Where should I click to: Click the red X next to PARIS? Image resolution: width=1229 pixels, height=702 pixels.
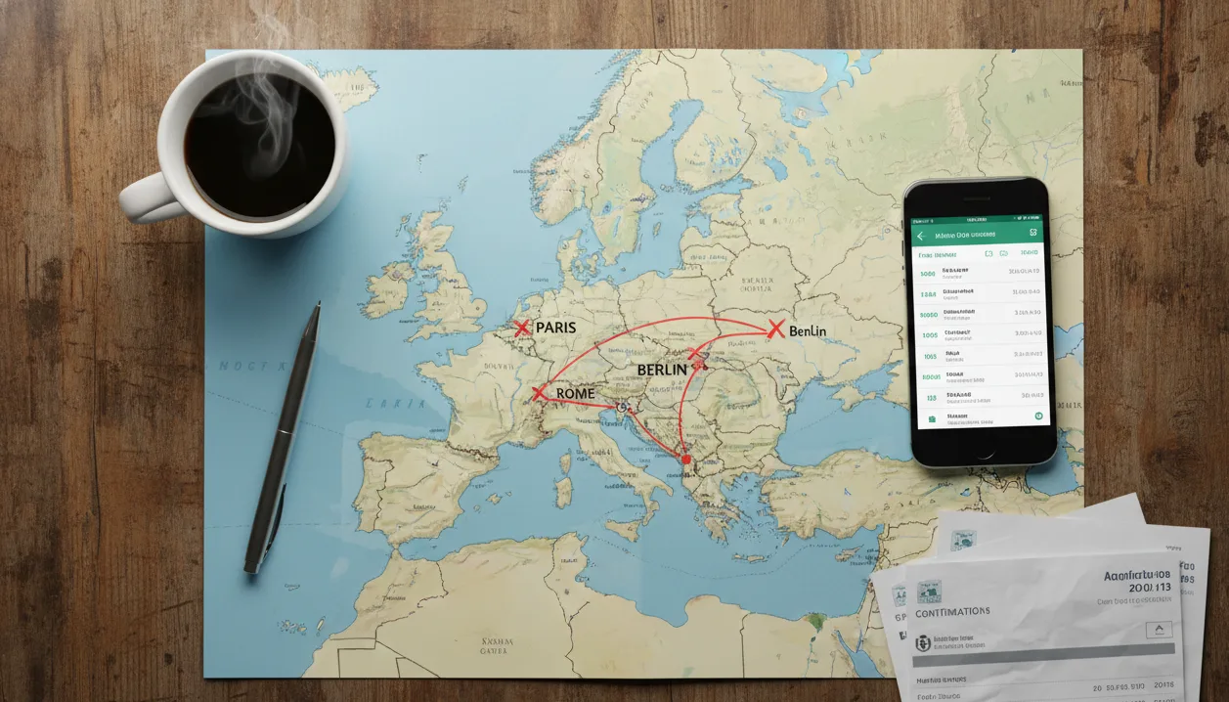pos(522,328)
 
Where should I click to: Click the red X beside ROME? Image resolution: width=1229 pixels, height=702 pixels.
pos(538,393)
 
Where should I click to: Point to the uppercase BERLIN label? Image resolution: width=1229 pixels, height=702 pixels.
pos(669,370)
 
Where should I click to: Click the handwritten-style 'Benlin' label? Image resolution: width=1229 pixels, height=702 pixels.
pos(808,331)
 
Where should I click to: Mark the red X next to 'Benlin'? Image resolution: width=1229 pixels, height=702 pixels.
pos(776,329)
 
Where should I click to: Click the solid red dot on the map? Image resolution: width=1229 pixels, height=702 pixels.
pos(685,459)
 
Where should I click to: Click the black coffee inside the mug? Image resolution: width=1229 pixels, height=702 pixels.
pos(258,147)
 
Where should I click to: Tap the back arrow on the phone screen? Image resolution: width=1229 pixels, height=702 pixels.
pos(920,236)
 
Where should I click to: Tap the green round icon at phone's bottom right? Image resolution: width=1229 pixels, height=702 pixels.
pos(1039,417)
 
